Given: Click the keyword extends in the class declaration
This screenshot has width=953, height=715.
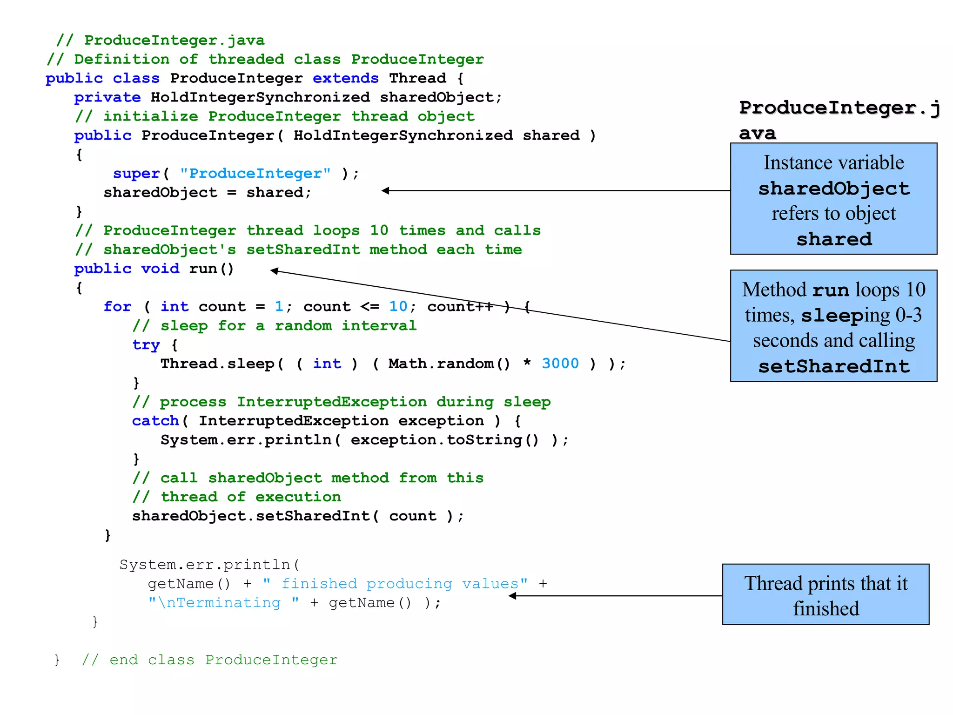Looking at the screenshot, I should point(345,78).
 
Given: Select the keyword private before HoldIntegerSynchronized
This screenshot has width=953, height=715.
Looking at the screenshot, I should point(107,97).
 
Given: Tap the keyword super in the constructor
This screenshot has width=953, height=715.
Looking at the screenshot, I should point(136,174).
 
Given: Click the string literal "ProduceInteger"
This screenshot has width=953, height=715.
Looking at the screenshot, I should point(255,174).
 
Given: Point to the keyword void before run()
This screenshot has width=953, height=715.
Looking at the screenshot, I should point(160,269).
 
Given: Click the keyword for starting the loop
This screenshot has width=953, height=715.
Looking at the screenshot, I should point(117,307).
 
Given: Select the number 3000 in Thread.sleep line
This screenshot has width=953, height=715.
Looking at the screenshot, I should point(560,364).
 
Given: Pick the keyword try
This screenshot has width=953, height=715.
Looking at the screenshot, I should point(146,345).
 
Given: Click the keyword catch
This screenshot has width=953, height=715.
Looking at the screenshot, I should point(155,421).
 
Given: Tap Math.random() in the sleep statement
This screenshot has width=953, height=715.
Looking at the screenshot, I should point(449,364).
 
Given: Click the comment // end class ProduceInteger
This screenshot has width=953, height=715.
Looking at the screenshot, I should point(209,660).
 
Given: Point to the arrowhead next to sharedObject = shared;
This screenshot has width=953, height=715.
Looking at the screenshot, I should point(385,190).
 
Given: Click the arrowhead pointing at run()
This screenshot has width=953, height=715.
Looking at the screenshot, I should point(275,270).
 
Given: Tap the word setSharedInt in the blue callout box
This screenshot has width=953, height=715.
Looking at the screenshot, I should point(833,366).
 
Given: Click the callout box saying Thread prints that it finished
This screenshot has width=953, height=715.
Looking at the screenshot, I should point(825,595).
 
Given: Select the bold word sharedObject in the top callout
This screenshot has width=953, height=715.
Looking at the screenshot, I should point(833,189).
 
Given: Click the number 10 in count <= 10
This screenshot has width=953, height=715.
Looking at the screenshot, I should point(398,307).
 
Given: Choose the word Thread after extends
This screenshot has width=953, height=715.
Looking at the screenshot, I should point(417,78).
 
